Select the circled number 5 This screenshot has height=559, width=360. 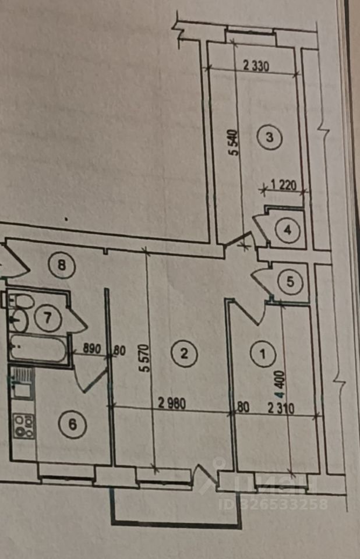click(291, 282)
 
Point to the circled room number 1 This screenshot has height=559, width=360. click(262, 353)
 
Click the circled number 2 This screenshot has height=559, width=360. click(183, 353)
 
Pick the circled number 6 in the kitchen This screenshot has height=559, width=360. click(73, 424)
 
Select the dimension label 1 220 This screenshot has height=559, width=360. click(285, 187)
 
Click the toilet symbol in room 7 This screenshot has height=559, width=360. click(22, 301)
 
